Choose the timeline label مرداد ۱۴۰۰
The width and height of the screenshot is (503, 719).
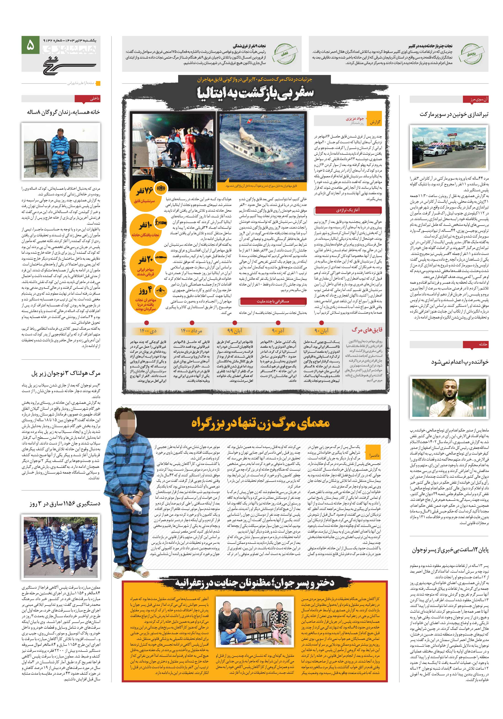[x=191, y=331]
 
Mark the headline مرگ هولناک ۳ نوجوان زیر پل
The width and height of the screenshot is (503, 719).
[x=65, y=374]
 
